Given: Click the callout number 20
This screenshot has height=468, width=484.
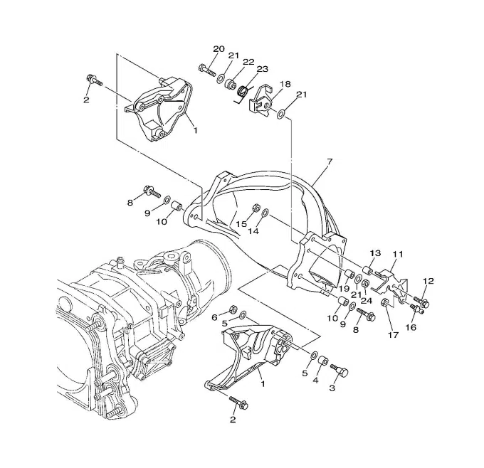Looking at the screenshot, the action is (x=219, y=49).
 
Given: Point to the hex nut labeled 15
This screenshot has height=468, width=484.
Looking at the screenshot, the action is (x=256, y=207).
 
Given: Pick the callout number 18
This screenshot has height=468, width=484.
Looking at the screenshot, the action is (x=285, y=84).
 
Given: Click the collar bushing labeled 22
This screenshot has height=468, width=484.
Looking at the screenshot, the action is (x=231, y=84).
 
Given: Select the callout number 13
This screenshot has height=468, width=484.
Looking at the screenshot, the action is (x=376, y=253).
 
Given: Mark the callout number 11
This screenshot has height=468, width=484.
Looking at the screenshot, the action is (x=398, y=254).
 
